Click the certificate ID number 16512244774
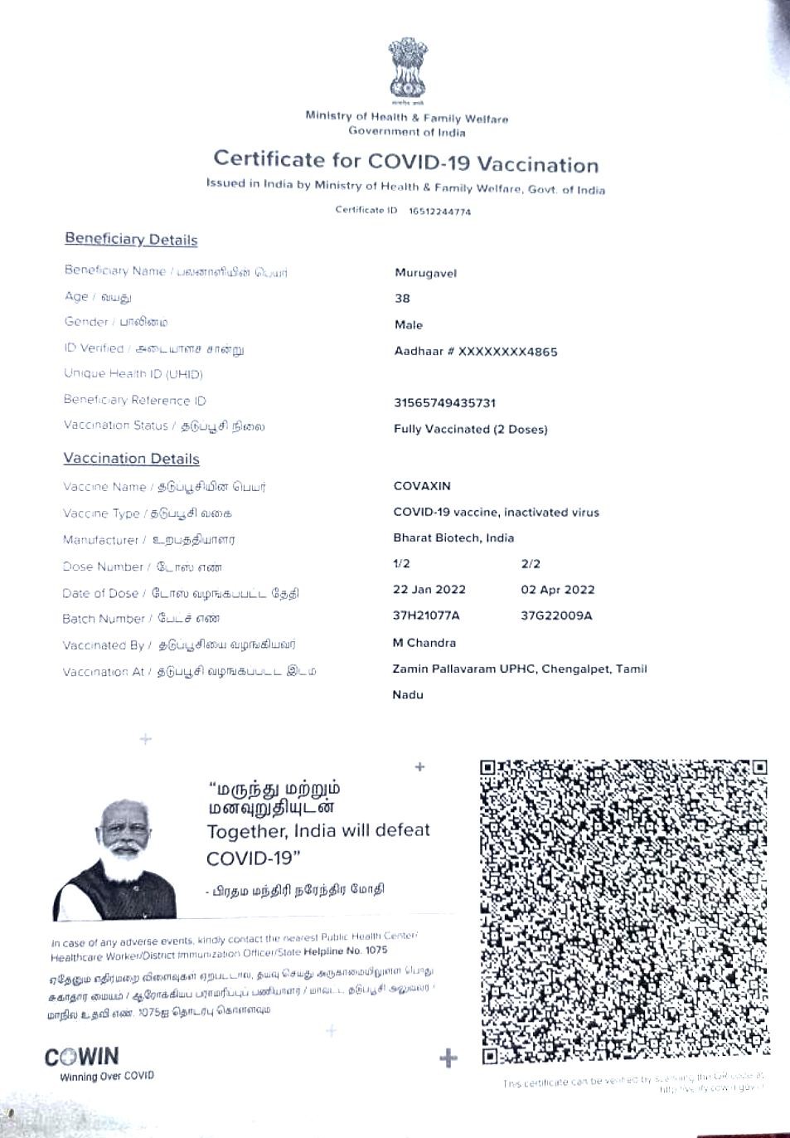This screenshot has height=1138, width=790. tap(439, 212)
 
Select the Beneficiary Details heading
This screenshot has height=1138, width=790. tap(131, 240)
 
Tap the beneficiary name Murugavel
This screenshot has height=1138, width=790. tap(425, 273)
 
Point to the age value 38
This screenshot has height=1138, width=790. tap(402, 299)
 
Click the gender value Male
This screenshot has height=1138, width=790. tap(409, 325)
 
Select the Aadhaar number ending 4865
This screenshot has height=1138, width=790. tap(476, 352)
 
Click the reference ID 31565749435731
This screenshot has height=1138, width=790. tap(444, 403)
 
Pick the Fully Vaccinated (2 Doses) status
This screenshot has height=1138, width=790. tap(470, 430)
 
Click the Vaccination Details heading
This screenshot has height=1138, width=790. tap(131, 459)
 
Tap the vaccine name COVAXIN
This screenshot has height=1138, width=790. tap(422, 486)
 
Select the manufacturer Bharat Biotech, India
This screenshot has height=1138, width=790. tap(453, 537)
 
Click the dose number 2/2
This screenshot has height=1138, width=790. tap(531, 564)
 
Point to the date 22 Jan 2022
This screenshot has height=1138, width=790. tap(429, 590)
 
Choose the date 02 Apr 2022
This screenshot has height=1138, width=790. tap(558, 590)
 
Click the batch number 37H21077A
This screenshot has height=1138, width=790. tap(425, 615)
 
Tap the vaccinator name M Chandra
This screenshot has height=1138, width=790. tap(424, 643)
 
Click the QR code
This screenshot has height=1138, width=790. tap(624, 911)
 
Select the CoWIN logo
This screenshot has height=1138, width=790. tap(82, 1058)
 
